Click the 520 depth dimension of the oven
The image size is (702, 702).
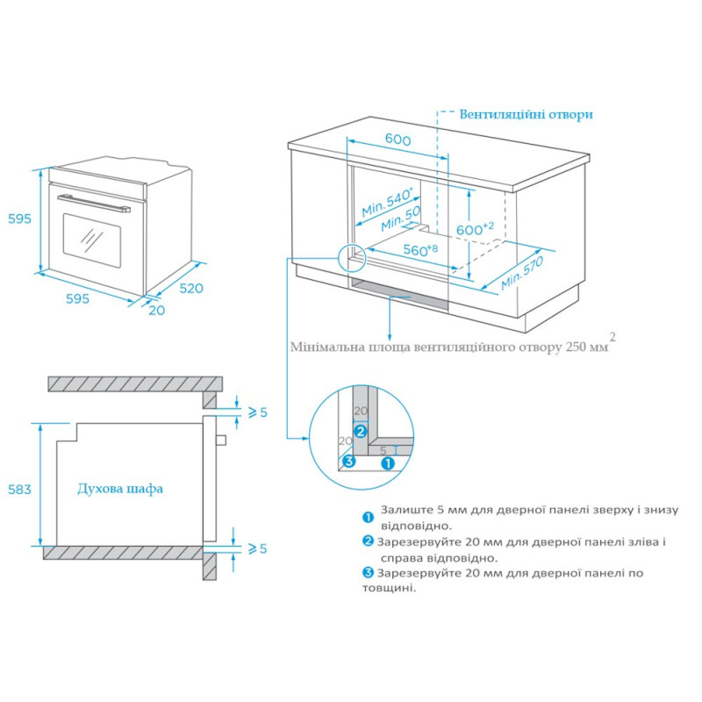[x=191, y=288]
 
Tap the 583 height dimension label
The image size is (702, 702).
[x=18, y=489]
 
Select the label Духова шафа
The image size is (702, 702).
[x=120, y=489]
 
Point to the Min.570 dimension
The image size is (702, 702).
[x=523, y=273]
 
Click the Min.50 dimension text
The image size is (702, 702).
[x=401, y=220]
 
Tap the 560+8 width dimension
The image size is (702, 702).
[x=420, y=250]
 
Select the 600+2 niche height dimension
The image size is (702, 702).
[x=476, y=228]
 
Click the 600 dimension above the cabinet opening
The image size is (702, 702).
[x=398, y=140]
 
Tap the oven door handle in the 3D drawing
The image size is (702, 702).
[x=93, y=204]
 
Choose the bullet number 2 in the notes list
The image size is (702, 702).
[x=369, y=541]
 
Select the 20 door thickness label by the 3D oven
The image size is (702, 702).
[x=156, y=310]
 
